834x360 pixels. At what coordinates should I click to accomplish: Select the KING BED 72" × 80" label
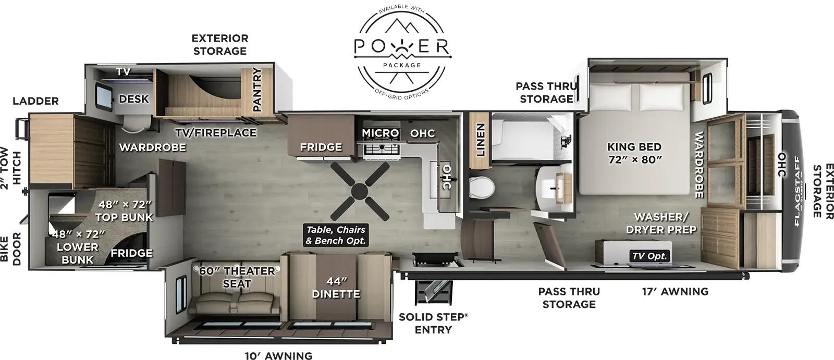click(x=634, y=153)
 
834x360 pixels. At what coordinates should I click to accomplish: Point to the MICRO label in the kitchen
click(x=381, y=133)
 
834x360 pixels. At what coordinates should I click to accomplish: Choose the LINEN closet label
click(x=480, y=140)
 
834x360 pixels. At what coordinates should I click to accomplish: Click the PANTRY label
click(x=257, y=90)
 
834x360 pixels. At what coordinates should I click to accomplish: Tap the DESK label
click(x=134, y=99)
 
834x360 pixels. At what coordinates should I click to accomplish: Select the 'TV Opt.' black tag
click(x=649, y=256)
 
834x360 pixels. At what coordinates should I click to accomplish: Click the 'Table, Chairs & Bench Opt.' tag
click(x=336, y=235)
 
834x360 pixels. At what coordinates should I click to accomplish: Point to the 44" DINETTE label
click(x=336, y=288)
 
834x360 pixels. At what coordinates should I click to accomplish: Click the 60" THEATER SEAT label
click(x=237, y=277)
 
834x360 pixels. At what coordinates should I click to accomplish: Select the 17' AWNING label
click(x=675, y=292)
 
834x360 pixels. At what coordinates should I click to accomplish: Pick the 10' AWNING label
click(x=278, y=356)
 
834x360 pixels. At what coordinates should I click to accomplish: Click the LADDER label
click(x=35, y=101)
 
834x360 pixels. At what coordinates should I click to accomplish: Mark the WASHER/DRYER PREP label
click(x=661, y=223)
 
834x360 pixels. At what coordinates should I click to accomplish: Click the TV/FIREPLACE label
click(x=215, y=133)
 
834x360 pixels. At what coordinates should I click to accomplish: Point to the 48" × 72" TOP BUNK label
click(x=124, y=210)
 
